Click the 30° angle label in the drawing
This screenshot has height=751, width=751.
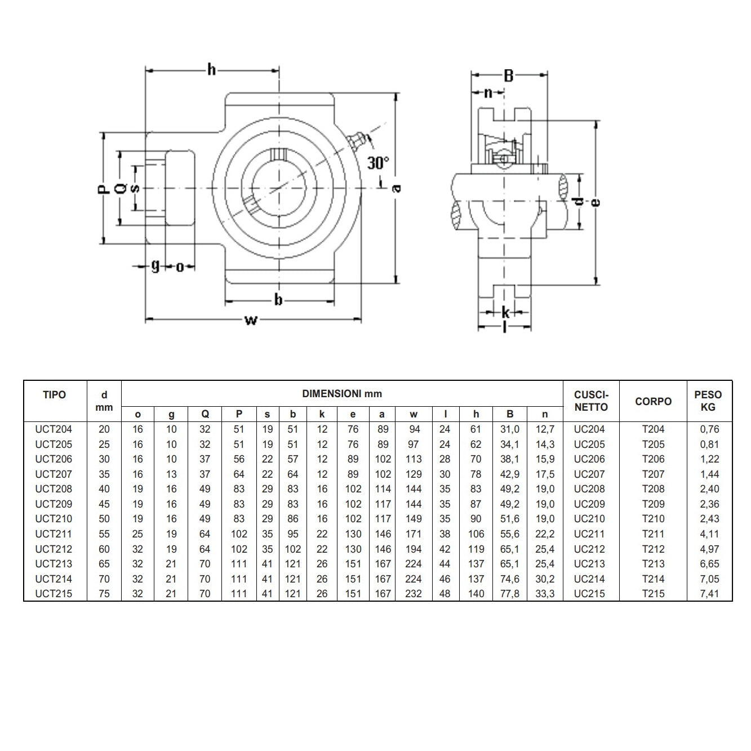378,163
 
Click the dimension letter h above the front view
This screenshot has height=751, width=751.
211,70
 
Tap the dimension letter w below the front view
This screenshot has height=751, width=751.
251,321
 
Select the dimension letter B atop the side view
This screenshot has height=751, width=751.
508,75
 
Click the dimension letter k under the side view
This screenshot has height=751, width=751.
505,312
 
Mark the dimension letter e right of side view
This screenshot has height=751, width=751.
597,202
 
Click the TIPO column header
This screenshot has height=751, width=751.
55,395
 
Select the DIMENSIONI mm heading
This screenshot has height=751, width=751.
342,394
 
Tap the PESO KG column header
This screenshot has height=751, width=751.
708,401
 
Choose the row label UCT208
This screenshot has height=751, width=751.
54,489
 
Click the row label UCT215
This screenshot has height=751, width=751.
54,593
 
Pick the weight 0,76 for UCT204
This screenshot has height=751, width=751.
709,429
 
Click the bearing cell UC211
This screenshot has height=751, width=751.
589,534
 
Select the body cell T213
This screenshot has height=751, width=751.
653,563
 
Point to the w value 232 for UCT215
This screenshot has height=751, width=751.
414,593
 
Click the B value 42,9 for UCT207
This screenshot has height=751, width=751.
510,474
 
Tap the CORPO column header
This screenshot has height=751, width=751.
653,401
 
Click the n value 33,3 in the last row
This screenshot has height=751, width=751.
545,593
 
